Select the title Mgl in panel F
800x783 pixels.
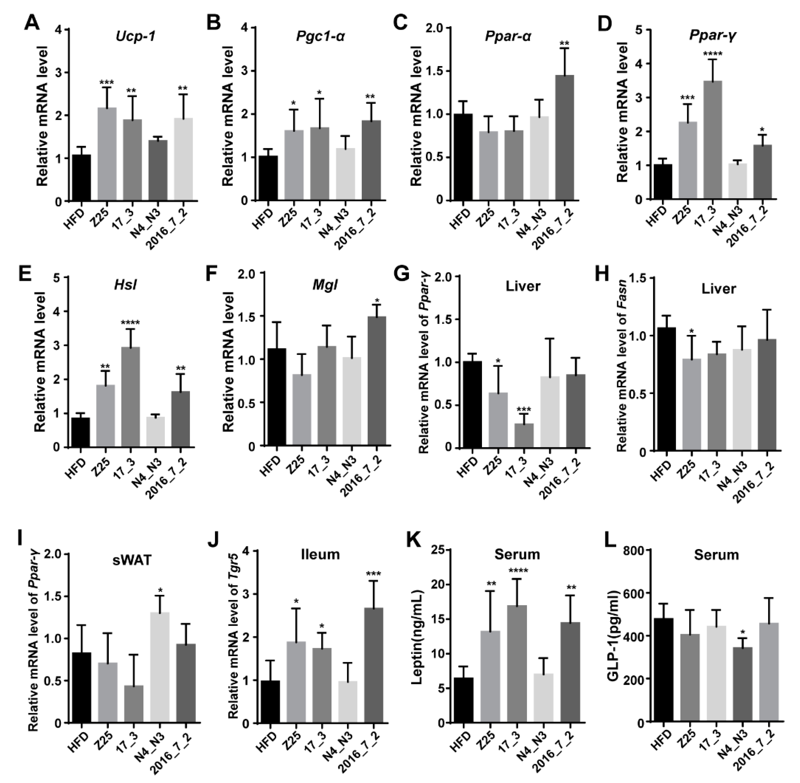coord(325,285)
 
